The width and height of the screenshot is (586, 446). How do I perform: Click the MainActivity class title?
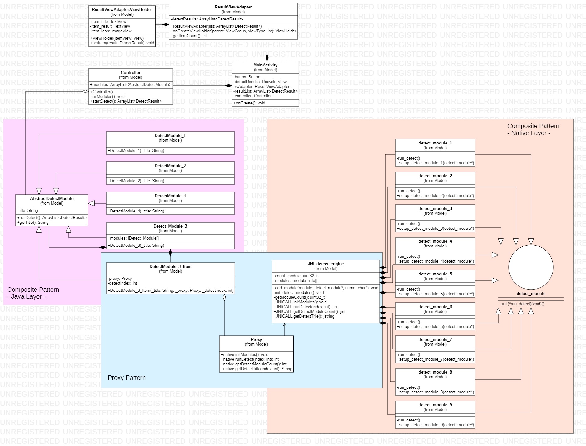pos(265,65)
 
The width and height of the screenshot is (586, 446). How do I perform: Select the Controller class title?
pos(130,72)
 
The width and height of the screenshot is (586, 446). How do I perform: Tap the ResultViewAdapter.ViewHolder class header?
pos(122,10)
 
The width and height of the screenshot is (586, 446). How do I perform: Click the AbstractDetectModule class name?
pos(52,198)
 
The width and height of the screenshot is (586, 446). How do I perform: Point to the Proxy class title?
pos(256,339)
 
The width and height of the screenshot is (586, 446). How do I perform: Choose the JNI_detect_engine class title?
pos(326,264)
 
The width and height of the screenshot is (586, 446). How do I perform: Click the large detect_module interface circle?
pos(531,267)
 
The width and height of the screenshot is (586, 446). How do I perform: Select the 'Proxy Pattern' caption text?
pos(127,378)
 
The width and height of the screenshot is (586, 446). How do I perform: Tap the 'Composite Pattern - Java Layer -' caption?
pos(33,293)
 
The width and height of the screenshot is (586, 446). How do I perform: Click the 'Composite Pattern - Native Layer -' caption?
pos(533,129)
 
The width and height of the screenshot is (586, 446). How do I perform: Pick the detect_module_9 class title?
pos(435,405)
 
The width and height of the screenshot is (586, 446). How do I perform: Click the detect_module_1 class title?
pos(435,143)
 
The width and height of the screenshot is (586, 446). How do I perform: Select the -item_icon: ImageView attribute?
pos(111,31)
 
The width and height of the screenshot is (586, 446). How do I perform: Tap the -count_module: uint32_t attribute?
pos(295,276)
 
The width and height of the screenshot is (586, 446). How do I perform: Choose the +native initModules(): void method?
pos(244,354)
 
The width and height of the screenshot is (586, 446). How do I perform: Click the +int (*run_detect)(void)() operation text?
pos(522,304)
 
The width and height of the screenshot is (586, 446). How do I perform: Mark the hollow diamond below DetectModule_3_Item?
pos(224,298)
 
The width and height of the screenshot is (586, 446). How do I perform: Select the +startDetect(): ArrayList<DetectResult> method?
pos(126,101)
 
